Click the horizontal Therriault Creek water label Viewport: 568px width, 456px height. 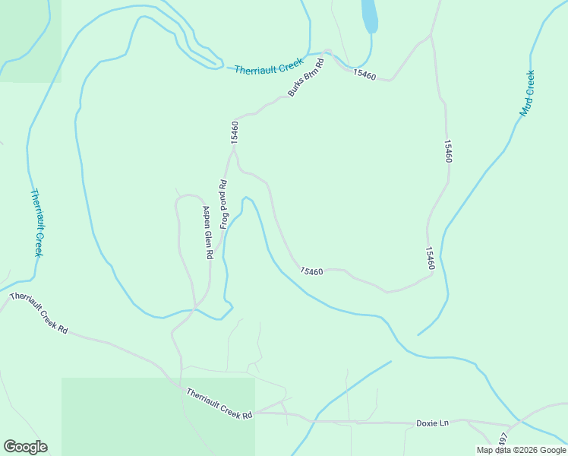coord(269,67)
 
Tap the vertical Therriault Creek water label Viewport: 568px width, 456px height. coord(36,223)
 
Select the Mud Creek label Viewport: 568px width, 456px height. coord(527,93)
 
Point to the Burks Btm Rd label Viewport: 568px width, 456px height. coord(306,78)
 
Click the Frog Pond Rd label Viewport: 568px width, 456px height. coord(224,204)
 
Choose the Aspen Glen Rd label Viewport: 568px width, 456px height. coord(206,233)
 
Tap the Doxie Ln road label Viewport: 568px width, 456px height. coord(433,423)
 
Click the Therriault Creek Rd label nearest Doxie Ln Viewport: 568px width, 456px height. coord(219,404)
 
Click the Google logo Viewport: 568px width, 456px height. coord(25,447)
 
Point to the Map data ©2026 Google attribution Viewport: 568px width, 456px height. coord(521,450)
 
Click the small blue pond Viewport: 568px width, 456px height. coord(369,15)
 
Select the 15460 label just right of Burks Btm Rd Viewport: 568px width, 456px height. coord(364,74)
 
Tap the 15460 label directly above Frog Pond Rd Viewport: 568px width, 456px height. coord(235,132)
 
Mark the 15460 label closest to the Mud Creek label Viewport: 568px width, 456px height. coord(449,150)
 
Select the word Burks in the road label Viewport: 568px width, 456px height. coord(295,88)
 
